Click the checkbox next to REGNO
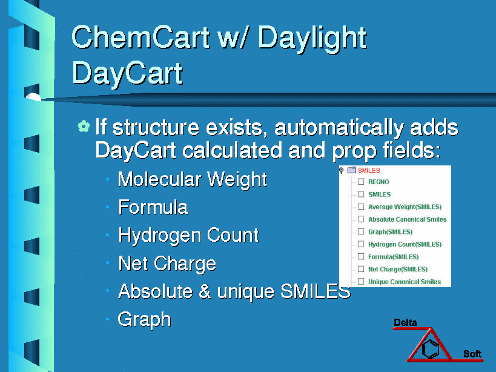(361, 182)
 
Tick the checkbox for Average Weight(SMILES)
(361, 207)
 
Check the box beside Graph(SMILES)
(361, 232)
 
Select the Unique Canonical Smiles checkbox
(361, 282)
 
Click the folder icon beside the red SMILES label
(352, 170)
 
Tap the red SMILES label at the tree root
(369, 170)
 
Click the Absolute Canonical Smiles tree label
(408, 219)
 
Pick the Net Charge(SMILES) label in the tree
(398, 270)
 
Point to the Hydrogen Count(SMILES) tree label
(405, 245)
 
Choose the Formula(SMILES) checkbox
(361, 257)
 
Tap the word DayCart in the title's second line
(127, 74)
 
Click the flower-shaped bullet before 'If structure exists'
(84, 126)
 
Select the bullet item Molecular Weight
(193, 180)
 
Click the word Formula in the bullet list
(153, 208)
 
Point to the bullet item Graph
(145, 319)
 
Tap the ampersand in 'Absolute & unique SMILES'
(205, 291)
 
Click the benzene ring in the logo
(431, 348)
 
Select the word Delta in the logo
(405, 323)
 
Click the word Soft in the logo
(472, 354)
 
